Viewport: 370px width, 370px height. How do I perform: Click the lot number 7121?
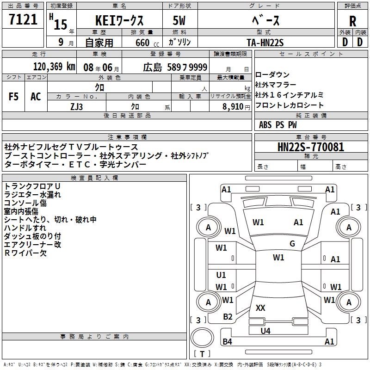pos(23,20)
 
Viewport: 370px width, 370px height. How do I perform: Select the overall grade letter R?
pos(353,21)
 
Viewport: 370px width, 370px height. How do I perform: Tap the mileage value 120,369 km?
pos(54,67)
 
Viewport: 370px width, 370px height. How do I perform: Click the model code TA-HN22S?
pos(265,42)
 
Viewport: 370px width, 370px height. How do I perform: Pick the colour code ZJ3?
pos(77,106)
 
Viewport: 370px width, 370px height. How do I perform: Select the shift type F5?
pos(13,97)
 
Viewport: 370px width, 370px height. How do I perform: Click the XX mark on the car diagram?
pos(260,308)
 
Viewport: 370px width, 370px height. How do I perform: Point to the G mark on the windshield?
pos(292,244)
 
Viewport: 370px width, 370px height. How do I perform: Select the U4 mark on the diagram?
pos(265,331)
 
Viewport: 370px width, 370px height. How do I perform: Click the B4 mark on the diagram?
pos(227,342)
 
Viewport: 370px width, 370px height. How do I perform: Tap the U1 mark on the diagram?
pos(221,275)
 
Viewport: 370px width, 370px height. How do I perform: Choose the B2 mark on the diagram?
pos(228,316)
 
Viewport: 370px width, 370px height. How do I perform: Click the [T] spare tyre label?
pos(202,354)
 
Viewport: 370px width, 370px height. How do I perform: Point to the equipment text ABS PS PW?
pos(278,125)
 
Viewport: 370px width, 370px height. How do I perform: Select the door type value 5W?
pos(180,21)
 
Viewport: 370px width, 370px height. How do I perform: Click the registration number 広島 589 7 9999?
pos(175,67)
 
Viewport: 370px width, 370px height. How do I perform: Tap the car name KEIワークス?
pos(119,21)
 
